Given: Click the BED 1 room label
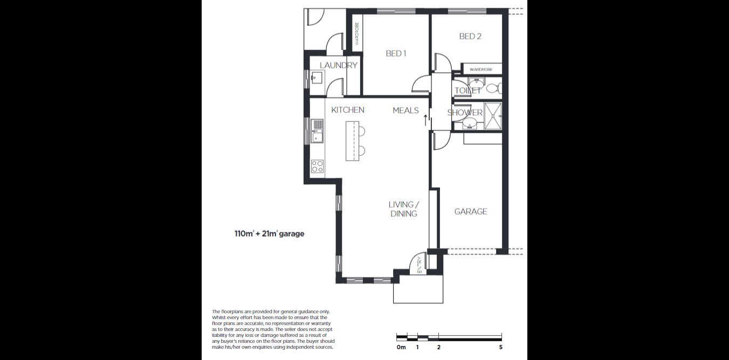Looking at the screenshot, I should [396, 53].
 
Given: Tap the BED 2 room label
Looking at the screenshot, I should [470, 36].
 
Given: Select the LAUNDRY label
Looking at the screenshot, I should [338, 65].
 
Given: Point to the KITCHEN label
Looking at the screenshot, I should [347, 110].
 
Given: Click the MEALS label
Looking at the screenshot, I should [405, 110].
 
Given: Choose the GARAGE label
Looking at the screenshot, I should [470, 212].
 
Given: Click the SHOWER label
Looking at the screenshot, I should [465, 113].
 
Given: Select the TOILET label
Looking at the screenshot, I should [467, 91].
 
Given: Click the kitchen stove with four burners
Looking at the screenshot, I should [318, 166].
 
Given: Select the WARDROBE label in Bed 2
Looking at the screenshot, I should [481, 70].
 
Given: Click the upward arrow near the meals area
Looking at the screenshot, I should [425, 120].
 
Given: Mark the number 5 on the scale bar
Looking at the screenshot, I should [501, 348].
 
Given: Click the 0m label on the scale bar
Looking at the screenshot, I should [401, 348].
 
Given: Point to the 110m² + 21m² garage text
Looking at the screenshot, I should [269, 234].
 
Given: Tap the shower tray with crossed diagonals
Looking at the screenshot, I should [493, 116].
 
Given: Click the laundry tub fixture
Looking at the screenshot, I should [315, 79].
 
